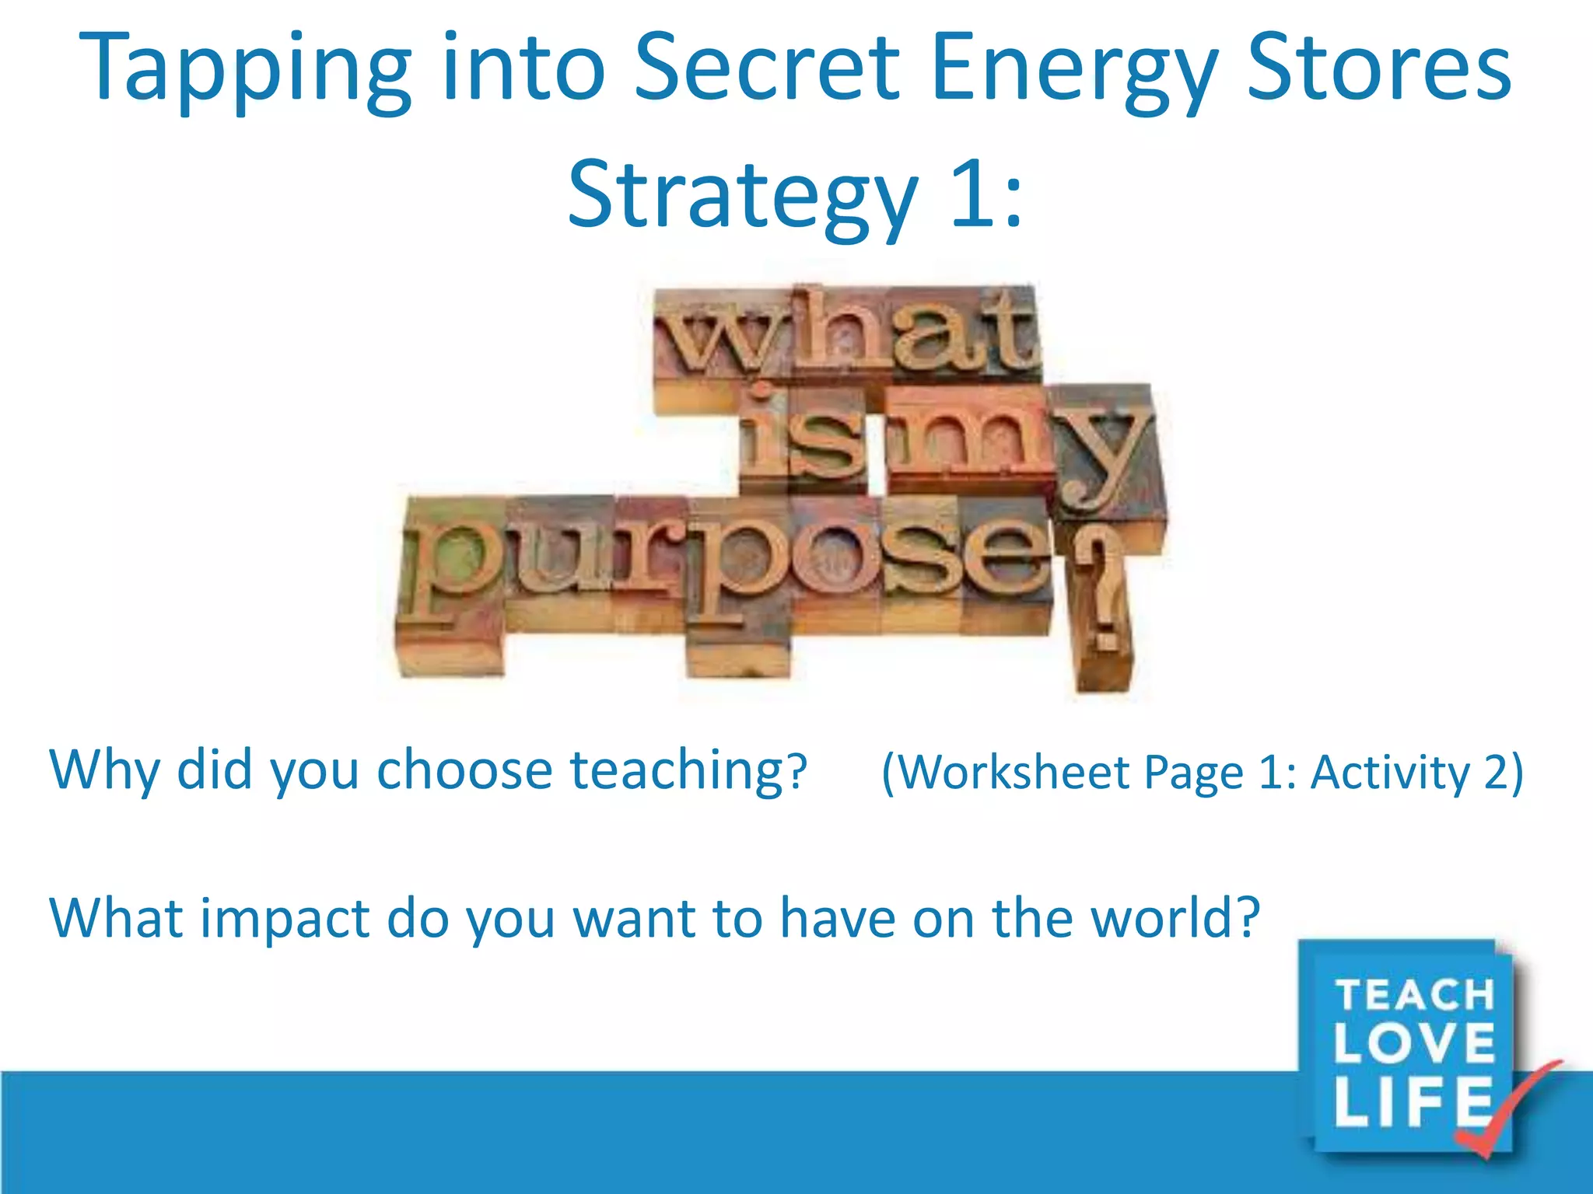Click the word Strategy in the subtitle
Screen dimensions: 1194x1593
tap(743, 194)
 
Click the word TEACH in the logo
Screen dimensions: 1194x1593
tap(1415, 995)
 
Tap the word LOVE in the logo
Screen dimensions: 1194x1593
tap(1415, 1044)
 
